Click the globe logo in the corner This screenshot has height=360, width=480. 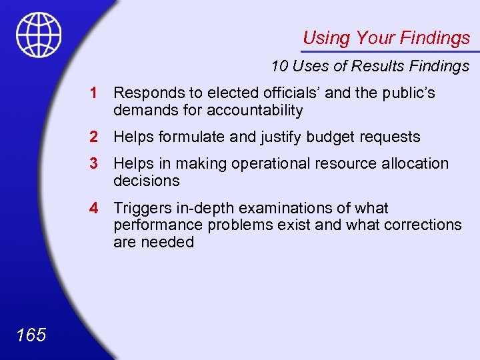(39, 35)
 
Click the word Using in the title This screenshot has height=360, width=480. (326, 38)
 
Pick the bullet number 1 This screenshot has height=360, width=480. (96, 93)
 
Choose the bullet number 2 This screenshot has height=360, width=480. (96, 137)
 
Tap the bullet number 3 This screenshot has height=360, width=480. (96, 163)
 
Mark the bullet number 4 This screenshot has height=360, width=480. (96, 209)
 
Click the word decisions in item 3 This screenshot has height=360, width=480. (146, 181)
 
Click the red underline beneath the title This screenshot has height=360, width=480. (390, 51)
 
